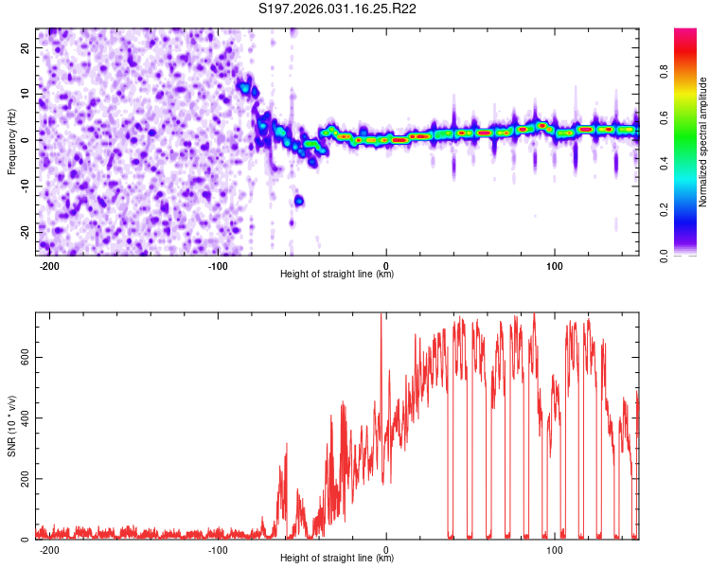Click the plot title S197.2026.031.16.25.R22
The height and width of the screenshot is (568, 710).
pyautogui.click(x=338, y=9)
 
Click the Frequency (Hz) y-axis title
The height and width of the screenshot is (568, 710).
pyautogui.click(x=11, y=141)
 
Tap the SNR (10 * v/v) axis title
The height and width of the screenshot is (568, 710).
pyautogui.click(x=11, y=426)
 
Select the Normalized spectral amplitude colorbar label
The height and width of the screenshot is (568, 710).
pyautogui.click(x=703, y=141)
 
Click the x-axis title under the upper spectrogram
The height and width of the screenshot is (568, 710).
pyautogui.click(x=337, y=275)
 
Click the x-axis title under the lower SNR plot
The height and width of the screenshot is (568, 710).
pyautogui.click(x=337, y=559)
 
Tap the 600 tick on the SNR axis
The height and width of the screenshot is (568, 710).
pyautogui.click(x=22, y=357)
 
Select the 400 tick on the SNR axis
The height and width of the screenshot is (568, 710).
pyautogui.click(x=22, y=417)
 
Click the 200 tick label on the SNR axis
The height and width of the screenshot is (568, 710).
pyautogui.click(x=22, y=479)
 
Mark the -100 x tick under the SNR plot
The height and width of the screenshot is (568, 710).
pyautogui.click(x=218, y=549)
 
